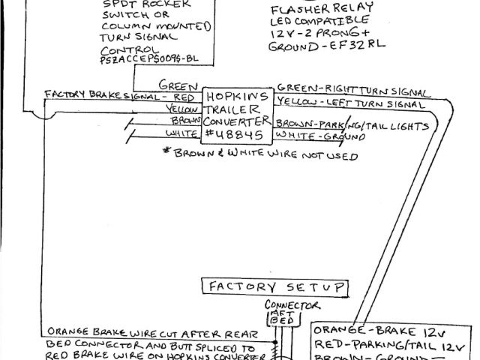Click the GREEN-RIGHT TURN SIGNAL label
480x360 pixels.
[352, 88]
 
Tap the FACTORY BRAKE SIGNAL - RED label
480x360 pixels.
[121, 97]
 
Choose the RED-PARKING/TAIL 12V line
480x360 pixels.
[394, 345]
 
